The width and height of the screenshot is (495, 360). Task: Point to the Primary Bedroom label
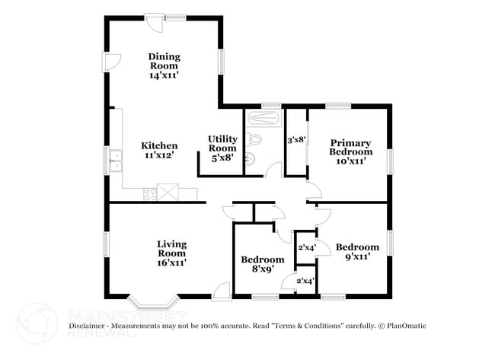pyautogui.click(x=350, y=151)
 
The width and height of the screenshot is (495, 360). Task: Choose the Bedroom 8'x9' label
pyautogui.click(x=262, y=265)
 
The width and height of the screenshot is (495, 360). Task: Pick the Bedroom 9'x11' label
pyautogui.click(x=357, y=252)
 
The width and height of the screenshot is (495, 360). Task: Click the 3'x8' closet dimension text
pyautogui.click(x=296, y=140)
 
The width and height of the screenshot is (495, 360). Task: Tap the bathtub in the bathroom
pyautogui.click(x=263, y=119)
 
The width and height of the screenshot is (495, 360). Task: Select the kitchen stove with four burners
pyautogui.click(x=148, y=193)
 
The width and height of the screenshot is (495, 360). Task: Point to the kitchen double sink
pyautogui.click(x=117, y=160)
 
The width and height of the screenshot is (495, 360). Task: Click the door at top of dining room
pyautogui.click(x=155, y=24)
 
